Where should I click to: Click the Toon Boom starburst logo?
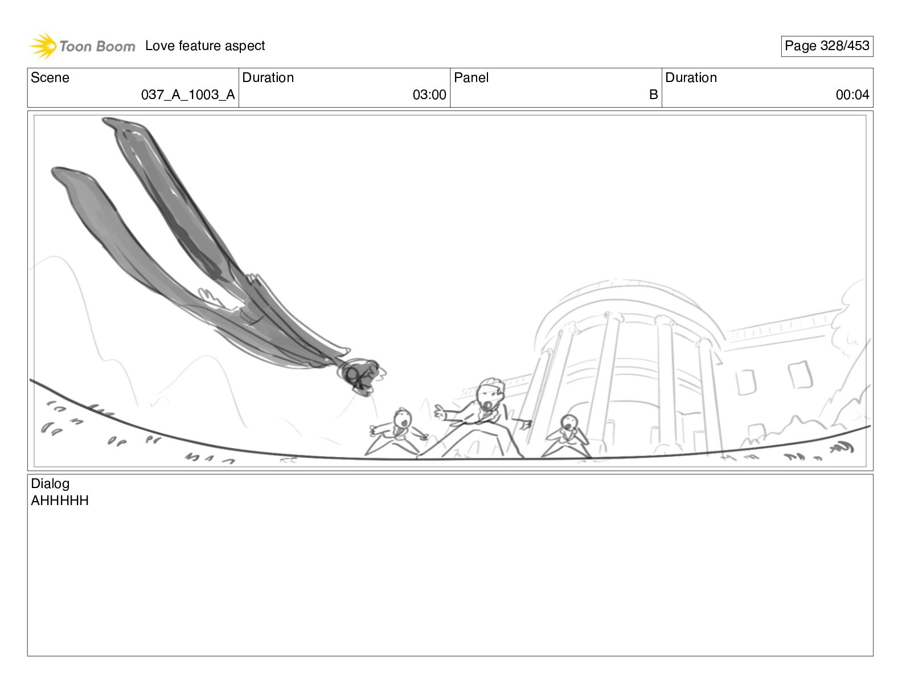(x=43, y=46)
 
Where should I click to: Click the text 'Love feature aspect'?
(x=204, y=46)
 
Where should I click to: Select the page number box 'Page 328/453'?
(x=826, y=46)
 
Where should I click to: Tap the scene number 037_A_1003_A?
(x=188, y=95)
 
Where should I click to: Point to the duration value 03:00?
(x=429, y=95)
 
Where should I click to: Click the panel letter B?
(x=653, y=95)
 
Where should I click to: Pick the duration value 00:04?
(x=852, y=95)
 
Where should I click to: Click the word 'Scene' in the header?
(x=50, y=77)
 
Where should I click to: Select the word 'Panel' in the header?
(x=471, y=77)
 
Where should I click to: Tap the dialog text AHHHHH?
(x=60, y=500)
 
